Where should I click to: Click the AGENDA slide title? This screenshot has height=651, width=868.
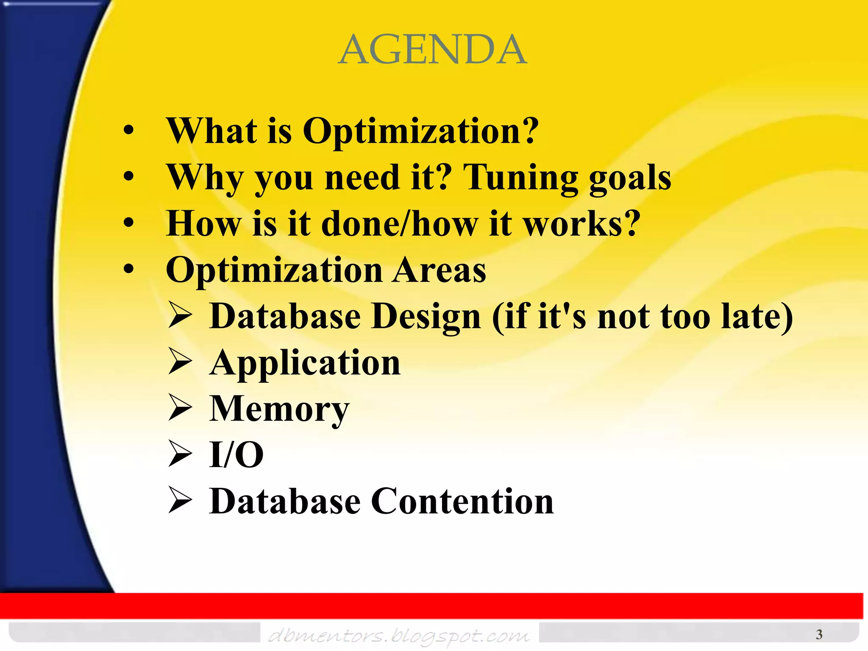(x=433, y=50)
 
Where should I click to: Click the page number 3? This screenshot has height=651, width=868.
(x=819, y=634)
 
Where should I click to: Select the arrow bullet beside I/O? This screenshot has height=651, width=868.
(x=180, y=454)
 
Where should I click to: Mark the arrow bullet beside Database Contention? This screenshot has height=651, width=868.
(x=180, y=500)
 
